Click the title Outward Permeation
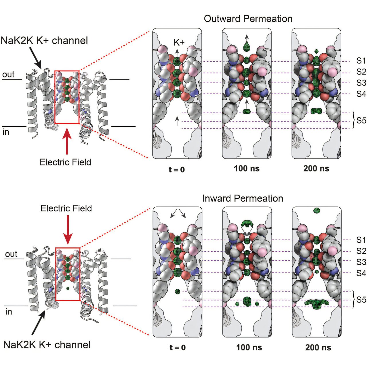click(248, 19)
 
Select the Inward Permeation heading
click(243, 198)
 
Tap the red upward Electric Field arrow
click(67, 142)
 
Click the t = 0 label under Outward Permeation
click(177, 170)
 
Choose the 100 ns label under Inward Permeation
click(249, 348)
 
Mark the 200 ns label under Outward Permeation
click(316, 169)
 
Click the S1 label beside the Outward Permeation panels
click(361, 61)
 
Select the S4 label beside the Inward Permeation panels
click(361, 273)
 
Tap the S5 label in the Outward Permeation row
click(361, 121)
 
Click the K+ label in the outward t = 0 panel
click(179, 43)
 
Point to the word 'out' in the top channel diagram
click(8, 75)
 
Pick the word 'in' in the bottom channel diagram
click(9, 312)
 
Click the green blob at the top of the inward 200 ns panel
click(317, 211)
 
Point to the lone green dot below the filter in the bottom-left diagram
click(68, 288)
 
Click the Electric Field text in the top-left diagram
click(65, 162)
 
